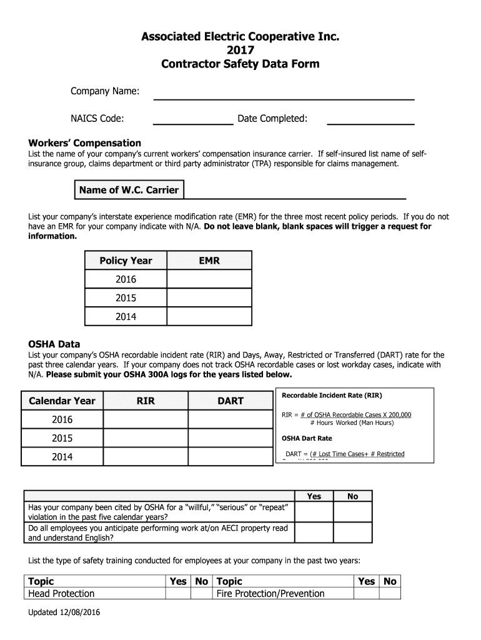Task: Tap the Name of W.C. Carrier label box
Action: (x=129, y=190)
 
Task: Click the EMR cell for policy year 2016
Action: (x=209, y=279)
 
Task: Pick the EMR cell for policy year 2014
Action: (x=209, y=317)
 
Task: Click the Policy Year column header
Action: (x=126, y=261)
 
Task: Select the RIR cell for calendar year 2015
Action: (x=146, y=438)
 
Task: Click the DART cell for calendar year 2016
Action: (x=230, y=419)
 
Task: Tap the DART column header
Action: (x=230, y=401)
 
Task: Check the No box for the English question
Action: (x=352, y=532)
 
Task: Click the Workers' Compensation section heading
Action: (x=85, y=143)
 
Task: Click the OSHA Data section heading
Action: (x=54, y=344)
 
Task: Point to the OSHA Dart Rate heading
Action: (x=307, y=438)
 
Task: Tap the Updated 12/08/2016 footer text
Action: (x=64, y=612)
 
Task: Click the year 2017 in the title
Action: (x=240, y=51)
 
